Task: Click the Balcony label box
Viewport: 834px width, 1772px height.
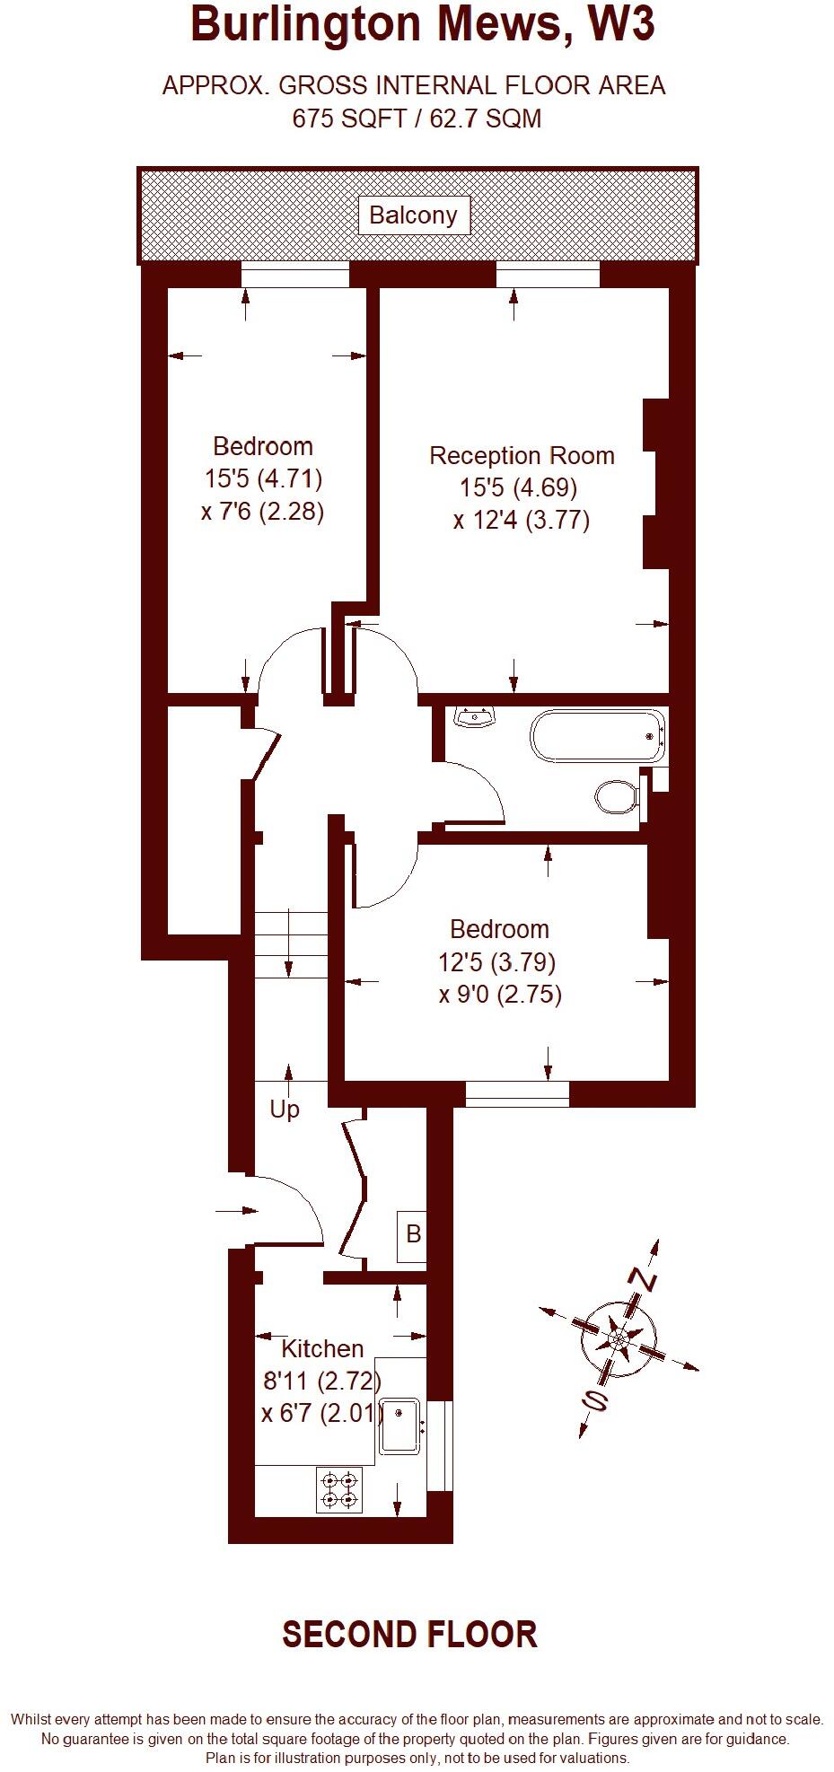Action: point(414,215)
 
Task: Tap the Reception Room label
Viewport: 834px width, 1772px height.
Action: point(522,455)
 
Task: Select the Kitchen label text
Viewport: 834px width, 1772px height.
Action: point(322,1348)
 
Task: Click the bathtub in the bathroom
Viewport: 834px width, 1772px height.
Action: point(598,736)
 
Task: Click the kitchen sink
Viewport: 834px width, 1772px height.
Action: point(401,1425)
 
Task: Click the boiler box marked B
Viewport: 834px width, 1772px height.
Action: point(413,1233)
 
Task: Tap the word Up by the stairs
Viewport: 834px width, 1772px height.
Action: point(285,1110)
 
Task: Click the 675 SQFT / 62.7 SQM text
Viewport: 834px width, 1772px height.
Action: point(417,118)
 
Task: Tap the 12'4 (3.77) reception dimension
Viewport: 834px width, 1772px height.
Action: point(522,521)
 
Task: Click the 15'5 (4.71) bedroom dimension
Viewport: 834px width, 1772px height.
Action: point(263,478)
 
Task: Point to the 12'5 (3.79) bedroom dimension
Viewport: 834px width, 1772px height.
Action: point(496,962)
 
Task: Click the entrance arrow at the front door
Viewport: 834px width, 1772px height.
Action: point(236,1211)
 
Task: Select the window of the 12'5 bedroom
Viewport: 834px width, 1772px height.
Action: point(517,1092)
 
